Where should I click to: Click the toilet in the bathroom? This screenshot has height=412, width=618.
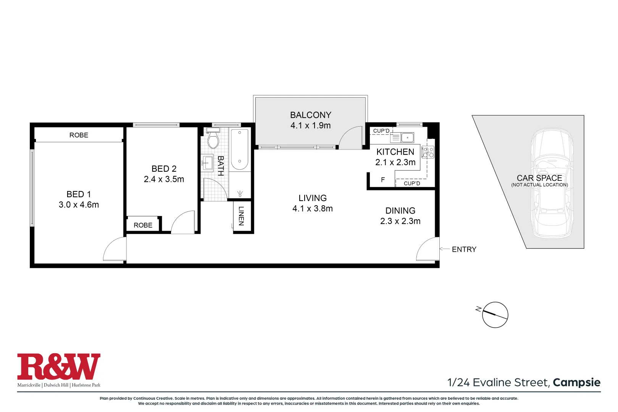click(213, 140)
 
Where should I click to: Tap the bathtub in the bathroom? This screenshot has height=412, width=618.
click(240, 150)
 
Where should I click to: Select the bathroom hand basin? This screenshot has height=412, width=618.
click(208, 163)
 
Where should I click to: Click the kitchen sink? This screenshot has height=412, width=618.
click(407, 137)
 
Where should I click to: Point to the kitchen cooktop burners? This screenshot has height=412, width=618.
click(428, 152)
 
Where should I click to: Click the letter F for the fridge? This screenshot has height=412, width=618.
click(383, 180)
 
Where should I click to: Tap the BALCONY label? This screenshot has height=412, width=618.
click(310, 115)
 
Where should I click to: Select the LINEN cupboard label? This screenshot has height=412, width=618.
click(241, 216)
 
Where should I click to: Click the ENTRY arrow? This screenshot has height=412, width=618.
click(444, 249)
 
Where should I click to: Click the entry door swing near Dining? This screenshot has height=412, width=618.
click(427, 250)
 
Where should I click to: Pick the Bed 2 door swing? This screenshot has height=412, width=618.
click(183, 223)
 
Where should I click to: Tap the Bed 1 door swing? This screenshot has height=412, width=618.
click(115, 250)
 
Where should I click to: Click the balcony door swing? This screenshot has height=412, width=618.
click(350, 138)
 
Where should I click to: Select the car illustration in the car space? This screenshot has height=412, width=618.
click(552, 183)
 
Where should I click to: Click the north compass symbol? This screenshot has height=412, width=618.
click(495, 315)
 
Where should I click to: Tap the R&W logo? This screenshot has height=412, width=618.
click(59, 367)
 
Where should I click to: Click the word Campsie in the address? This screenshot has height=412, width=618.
click(576, 382)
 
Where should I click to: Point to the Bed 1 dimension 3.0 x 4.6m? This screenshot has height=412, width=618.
click(79, 205)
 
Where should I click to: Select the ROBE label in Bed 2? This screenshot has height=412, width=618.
click(143, 225)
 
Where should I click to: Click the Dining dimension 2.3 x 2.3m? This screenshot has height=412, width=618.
click(400, 221)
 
